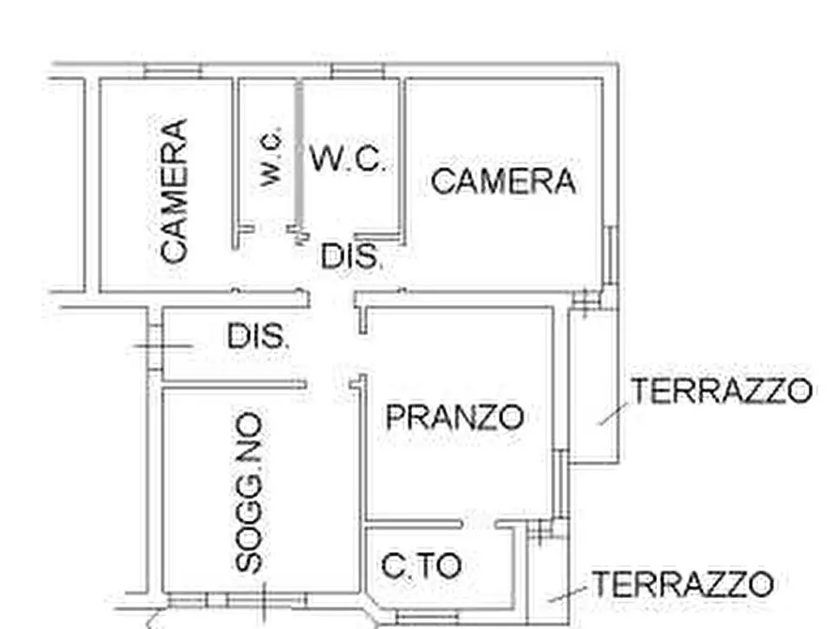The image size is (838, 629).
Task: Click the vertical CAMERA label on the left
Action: (174, 190)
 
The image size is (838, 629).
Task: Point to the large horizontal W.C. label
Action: (347, 159)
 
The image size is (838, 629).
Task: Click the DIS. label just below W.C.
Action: (352, 255)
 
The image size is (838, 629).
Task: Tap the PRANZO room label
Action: (454, 416)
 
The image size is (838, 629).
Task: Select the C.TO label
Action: (421, 565)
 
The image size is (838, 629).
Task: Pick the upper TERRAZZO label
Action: (721, 391)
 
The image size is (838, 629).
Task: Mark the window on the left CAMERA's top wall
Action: (174, 71)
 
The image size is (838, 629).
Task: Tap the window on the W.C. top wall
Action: (358, 71)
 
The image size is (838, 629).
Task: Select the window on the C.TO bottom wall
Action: (427, 616)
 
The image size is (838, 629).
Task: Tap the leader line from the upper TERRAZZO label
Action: (613, 412)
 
